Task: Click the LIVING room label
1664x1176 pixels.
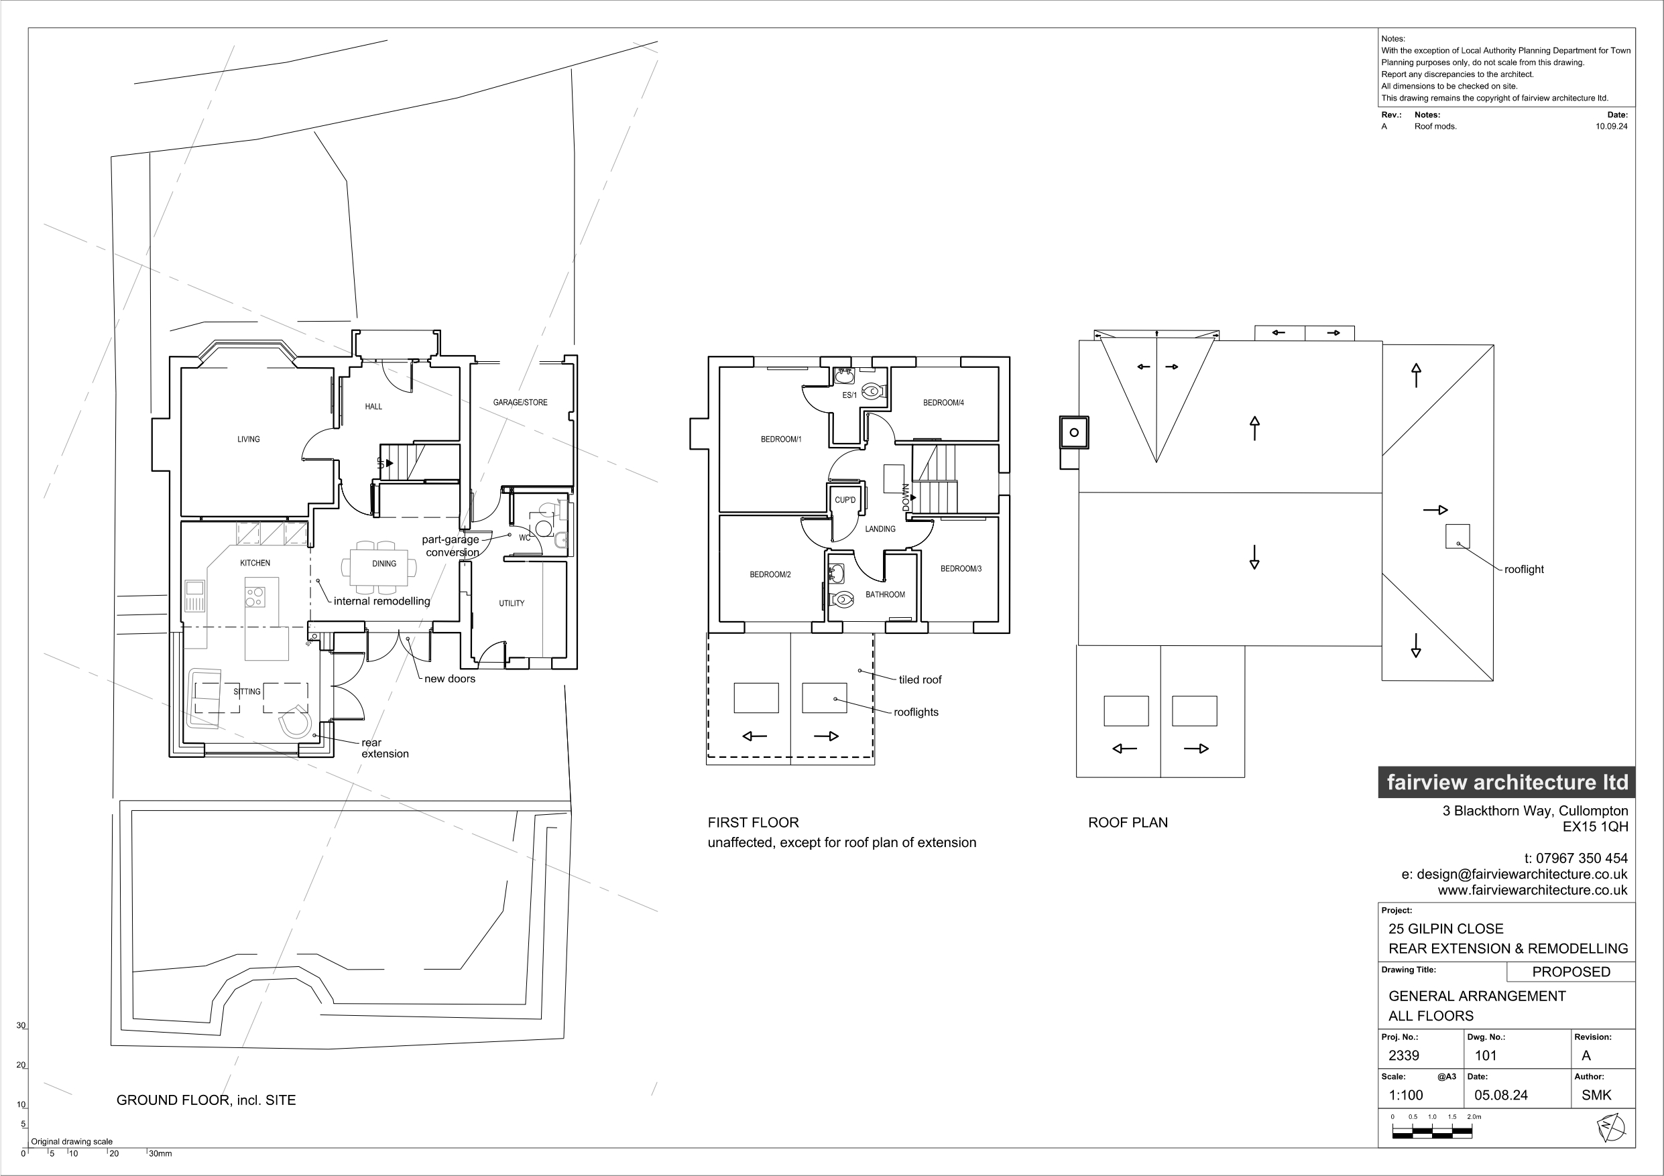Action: (x=249, y=439)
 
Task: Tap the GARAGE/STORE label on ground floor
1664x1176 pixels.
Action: (x=520, y=402)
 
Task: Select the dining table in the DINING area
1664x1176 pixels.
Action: (x=384, y=564)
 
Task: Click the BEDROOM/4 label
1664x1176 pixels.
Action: (x=943, y=403)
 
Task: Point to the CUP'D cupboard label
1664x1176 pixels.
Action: (x=845, y=500)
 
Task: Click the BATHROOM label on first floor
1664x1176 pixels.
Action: (x=885, y=595)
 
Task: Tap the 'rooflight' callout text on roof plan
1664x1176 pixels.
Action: (x=1523, y=570)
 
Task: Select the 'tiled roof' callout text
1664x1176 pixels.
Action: (x=920, y=679)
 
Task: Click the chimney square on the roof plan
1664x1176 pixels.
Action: (x=1074, y=433)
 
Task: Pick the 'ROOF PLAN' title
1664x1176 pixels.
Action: (x=1128, y=822)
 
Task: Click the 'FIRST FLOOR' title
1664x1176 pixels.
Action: (x=753, y=822)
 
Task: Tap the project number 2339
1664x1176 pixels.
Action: (x=1404, y=1055)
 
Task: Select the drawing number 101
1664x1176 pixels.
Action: (x=1486, y=1055)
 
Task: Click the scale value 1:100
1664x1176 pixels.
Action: (x=1406, y=1096)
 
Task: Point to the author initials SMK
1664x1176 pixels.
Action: (x=1596, y=1096)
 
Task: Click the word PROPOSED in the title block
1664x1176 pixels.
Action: (x=1571, y=972)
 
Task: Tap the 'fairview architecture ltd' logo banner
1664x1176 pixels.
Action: (x=1506, y=783)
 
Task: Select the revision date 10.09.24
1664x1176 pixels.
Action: (x=1611, y=126)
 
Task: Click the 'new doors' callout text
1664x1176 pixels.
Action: (x=450, y=679)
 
